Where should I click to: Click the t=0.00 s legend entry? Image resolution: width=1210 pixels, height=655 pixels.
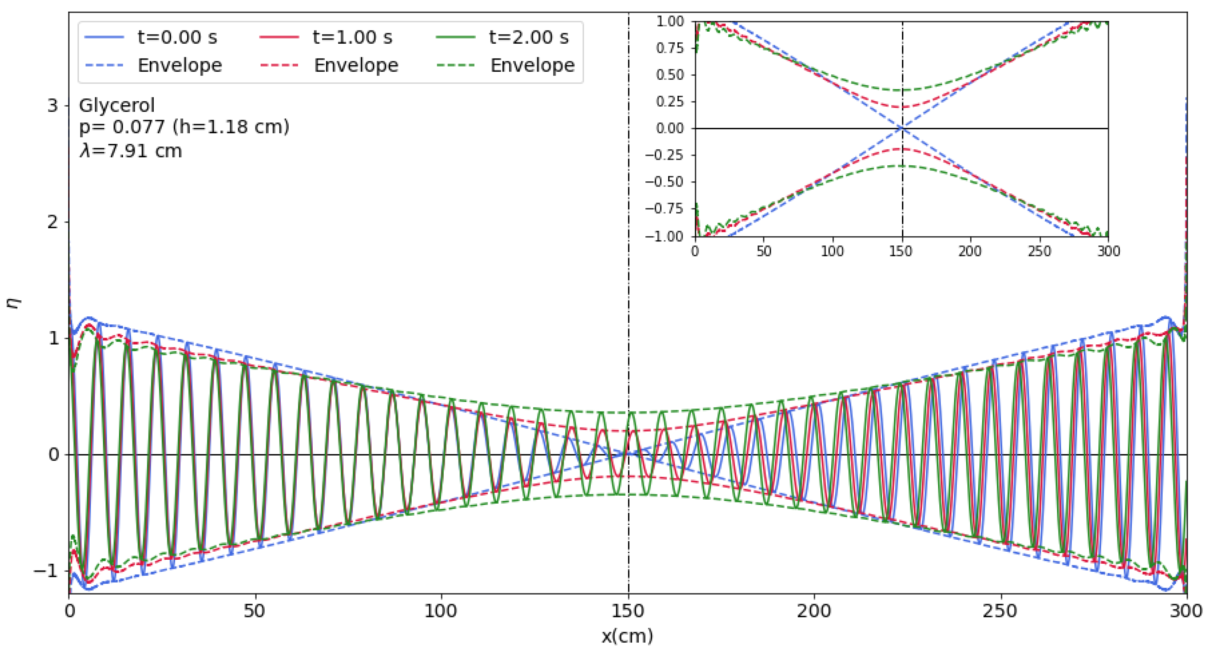pyautogui.click(x=177, y=37)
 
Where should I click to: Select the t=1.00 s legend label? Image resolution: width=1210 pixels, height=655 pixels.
pyautogui.click(x=352, y=37)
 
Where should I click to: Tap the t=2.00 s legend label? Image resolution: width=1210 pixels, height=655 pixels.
pyautogui.click(x=529, y=37)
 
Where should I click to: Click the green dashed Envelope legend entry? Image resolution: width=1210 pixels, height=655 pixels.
pyautogui.click(x=532, y=65)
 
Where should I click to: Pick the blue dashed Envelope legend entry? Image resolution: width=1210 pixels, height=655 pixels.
pyautogui.click(x=179, y=65)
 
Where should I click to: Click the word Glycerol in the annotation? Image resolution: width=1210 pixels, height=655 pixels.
pyautogui.click(x=117, y=105)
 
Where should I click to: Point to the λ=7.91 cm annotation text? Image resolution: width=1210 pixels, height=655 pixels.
pyautogui.click(x=131, y=151)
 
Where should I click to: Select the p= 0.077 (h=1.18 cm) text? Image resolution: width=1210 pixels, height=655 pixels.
pyautogui.click(x=184, y=127)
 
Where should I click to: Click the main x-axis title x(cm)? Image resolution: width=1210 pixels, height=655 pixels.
pyautogui.click(x=627, y=636)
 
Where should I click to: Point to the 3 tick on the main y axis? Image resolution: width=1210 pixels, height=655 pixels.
pyautogui.click(x=52, y=106)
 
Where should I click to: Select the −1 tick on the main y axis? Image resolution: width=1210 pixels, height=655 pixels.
pyautogui.click(x=47, y=571)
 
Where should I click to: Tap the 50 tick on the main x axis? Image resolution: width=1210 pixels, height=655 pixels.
pyautogui.click(x=254, y=611)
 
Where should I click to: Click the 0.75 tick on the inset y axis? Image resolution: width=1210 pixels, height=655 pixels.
pyautogui.click(x=670, y=48)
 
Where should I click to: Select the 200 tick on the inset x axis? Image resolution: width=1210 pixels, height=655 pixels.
pyautogui.click(x=970, y=251)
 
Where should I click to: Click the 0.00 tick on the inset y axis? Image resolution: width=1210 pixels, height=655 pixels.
pyautogui.click(x=670, y=128)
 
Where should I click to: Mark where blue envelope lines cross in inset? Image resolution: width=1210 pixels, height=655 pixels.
pyautogui.click(x=902, y=128)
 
